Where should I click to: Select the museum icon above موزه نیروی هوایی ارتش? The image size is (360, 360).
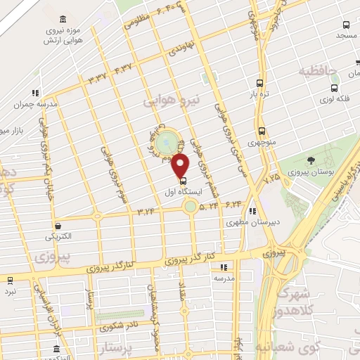coord(65,18)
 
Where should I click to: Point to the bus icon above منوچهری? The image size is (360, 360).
coord(262,131)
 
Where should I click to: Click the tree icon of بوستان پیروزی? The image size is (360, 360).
coord(311,162)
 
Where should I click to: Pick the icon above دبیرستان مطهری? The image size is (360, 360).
coord(252,210)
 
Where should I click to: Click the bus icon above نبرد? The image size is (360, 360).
coord(10,280)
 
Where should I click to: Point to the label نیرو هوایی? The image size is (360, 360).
coord(173,101)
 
